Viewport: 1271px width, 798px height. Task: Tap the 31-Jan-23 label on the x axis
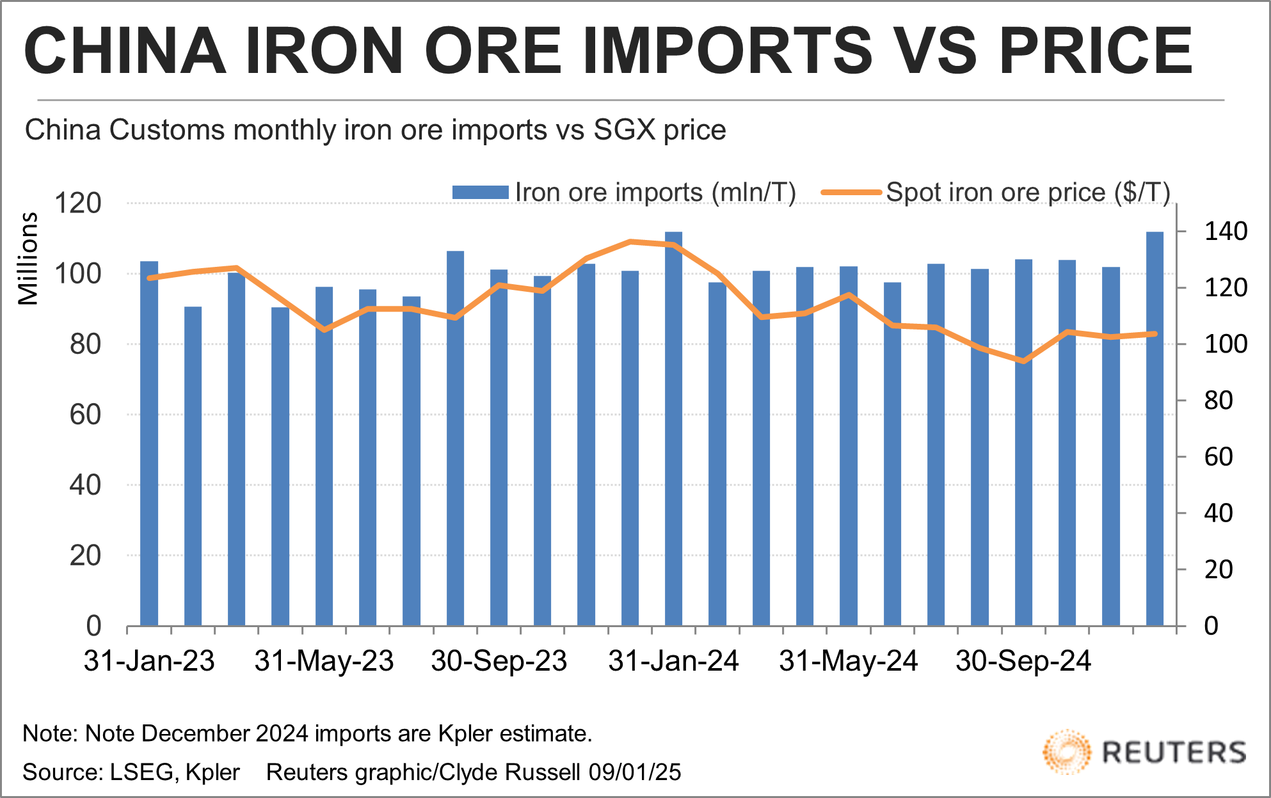(149, 661)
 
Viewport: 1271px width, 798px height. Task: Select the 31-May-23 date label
(324, 661)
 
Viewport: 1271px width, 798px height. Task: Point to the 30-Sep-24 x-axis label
(1023, 661)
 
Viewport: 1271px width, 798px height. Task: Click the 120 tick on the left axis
(78, 203)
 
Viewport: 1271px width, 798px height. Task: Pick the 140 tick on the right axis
(1226, 231)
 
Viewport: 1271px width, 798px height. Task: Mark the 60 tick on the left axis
(85, 415)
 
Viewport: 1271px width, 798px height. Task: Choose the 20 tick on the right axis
(1219, 570)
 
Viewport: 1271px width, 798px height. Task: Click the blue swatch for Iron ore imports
(480, 193)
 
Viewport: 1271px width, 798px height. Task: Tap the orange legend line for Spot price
(851, 193)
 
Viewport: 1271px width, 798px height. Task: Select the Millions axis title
(28, 259)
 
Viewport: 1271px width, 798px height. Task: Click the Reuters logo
(1144, 752)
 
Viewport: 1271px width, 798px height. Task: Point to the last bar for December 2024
(1155, 429)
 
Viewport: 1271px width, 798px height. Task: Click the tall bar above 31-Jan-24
(673, 429)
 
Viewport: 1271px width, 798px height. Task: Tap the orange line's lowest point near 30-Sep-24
(1023, 361)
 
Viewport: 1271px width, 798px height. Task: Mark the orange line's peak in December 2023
(630, 242)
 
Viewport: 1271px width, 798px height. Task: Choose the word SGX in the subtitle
(624, 130)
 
